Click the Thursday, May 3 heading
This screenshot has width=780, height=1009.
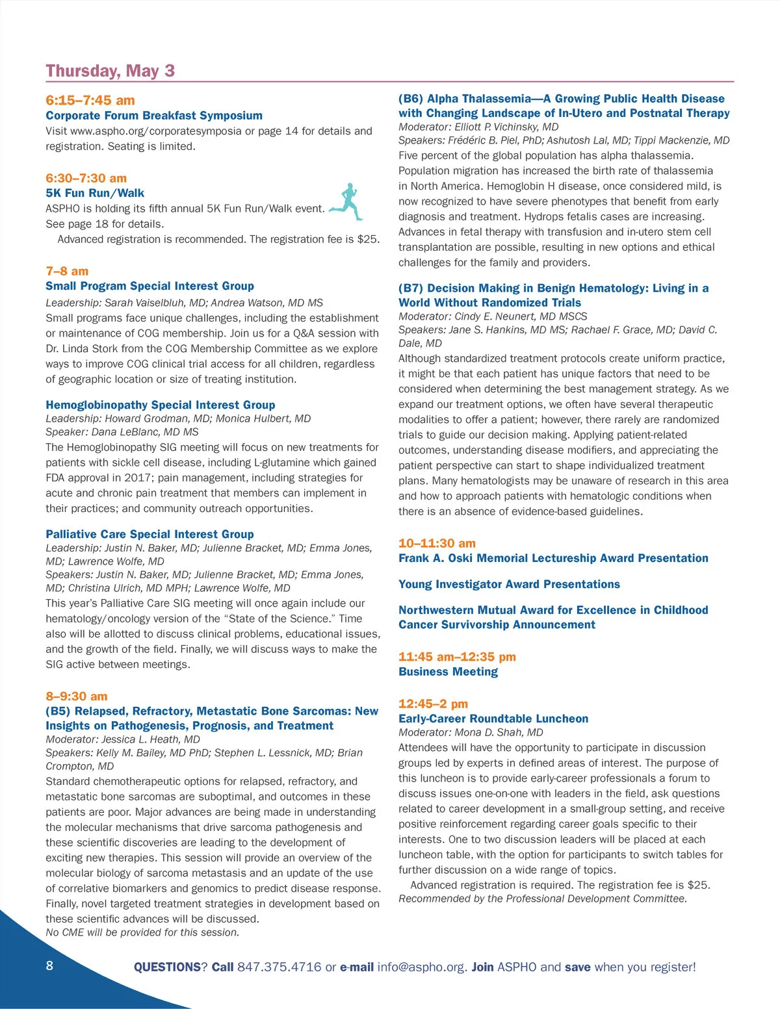click(110, 71)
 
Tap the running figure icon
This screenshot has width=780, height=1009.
click(347, 202)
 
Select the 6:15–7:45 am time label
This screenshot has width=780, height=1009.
click(90, 100)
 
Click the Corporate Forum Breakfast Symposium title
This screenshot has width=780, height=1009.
click(154, 116)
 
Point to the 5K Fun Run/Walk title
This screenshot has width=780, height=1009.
click(95, 193)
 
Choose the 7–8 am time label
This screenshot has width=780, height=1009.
click(67, 271)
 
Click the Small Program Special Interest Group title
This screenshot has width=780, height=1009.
click(149, 286)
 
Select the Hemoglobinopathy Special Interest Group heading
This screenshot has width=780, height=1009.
click(160, 405)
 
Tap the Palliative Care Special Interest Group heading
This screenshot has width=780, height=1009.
click(149, 534)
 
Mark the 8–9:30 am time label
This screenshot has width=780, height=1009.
click(77, 696)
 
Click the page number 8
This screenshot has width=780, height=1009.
click(49, 965)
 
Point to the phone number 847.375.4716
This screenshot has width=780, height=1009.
click(279, 967)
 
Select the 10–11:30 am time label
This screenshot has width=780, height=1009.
click(437, 543)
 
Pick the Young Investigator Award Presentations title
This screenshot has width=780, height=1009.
click(509, 584)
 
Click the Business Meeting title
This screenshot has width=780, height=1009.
click(448, 672)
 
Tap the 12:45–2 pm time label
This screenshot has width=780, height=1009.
click(433, 704)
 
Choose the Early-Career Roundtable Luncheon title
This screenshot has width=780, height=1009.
click(493, 719)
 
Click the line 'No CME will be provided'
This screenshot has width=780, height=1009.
click(142, 932)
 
